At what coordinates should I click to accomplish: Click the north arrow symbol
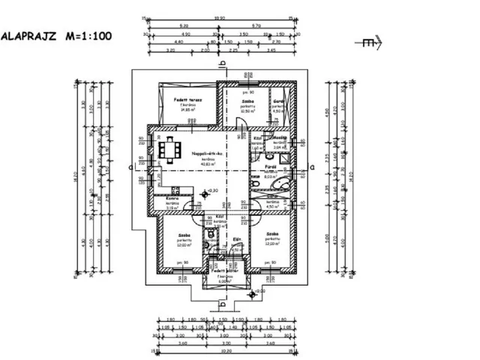pyautogui.click(x=370, y=43)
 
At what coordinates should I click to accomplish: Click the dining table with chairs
pyautogui.click(x=170, y=148)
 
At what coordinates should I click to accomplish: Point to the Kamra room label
pyautogui.click(x=169, y=199)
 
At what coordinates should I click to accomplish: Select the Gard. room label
pyautogui.click(x=277, y=101)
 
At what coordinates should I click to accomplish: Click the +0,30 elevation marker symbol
pyautogui.click(x=208, y=193)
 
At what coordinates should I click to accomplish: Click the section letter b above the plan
pyautogui.click(x=221, y=64)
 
